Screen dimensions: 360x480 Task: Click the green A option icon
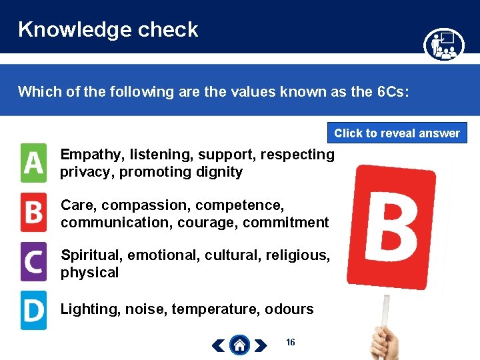33,163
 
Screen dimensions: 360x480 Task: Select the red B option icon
33,212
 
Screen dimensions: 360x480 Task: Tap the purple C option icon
33,261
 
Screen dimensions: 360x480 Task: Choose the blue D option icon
33,310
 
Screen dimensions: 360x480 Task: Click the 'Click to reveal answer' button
397,133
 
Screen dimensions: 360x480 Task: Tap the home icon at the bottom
240,345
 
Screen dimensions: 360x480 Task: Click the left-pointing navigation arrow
219,345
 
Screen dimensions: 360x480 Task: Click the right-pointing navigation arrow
261,345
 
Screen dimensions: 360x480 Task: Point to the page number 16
290,342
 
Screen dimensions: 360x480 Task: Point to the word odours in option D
289,309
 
